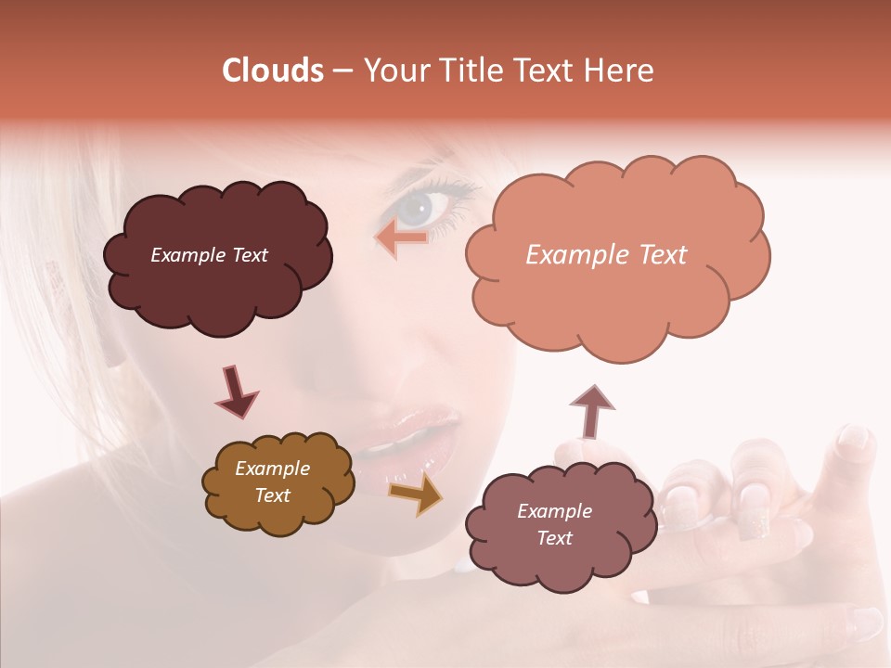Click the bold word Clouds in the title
click(x=272, y=71)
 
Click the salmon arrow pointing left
click(x=401, y=238)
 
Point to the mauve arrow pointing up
click(x=592, y=411)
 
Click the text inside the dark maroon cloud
click(x=209, y=255)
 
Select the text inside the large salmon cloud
click(x=606, y=255)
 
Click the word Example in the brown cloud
click(x=272, y=469)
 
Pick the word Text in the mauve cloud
click(x=554, y=538)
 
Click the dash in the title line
click(x=342, y=71)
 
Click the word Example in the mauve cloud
click(x=554, y=511)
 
